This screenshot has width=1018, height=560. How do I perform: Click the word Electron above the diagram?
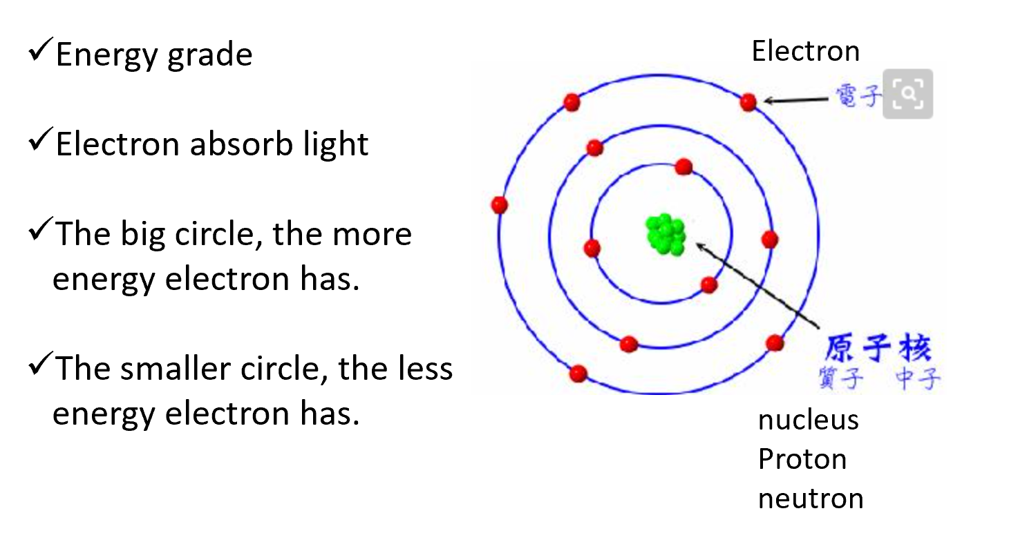(805, 51)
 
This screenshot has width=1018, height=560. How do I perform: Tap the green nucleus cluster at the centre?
(665, 233)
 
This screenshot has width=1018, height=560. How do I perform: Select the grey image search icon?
(908, 94)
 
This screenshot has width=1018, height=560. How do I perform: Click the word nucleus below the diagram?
(808, 420)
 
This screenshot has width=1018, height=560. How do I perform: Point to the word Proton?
(802, 459)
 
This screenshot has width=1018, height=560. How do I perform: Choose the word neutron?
(810, 499)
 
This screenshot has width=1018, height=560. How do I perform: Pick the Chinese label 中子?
(918, 378)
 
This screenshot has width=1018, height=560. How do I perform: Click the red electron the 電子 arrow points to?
(748, 103)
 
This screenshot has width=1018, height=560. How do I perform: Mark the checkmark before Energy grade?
(39, 52)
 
